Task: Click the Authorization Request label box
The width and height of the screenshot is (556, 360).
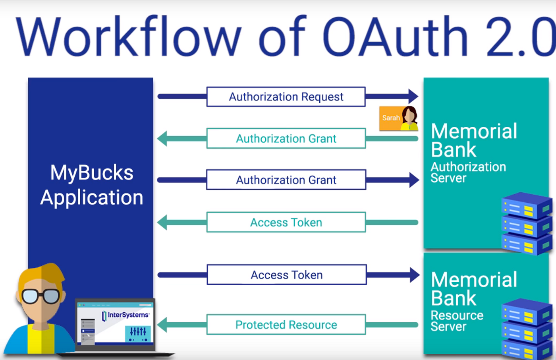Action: (x=286, y=97)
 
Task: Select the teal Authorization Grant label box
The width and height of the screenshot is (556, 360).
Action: (x=286, y=139)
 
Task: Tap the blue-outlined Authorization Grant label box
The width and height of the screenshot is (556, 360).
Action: (x=286, y=180)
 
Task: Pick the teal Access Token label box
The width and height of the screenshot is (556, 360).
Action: (x=286, y=223)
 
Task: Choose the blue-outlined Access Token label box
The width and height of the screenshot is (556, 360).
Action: (x=286, y=275)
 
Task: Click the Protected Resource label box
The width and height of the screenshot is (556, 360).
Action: (x=286, y=325)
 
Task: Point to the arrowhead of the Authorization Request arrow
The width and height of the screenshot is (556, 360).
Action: (x=413, y=96)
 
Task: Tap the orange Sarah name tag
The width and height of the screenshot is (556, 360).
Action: (x=390, y=118)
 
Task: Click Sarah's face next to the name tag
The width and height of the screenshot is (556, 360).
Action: (x=409, y=116)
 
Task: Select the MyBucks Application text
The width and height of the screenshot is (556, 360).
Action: (x=91, y=185)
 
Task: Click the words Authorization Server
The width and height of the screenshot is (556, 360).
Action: (x=468, y=172)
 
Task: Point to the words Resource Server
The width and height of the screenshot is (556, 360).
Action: (x=457, y=321)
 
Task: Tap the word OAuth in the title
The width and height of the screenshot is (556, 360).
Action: (x=395, y=37)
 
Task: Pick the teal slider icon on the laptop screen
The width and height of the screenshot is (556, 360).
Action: (x=138, y=333)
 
